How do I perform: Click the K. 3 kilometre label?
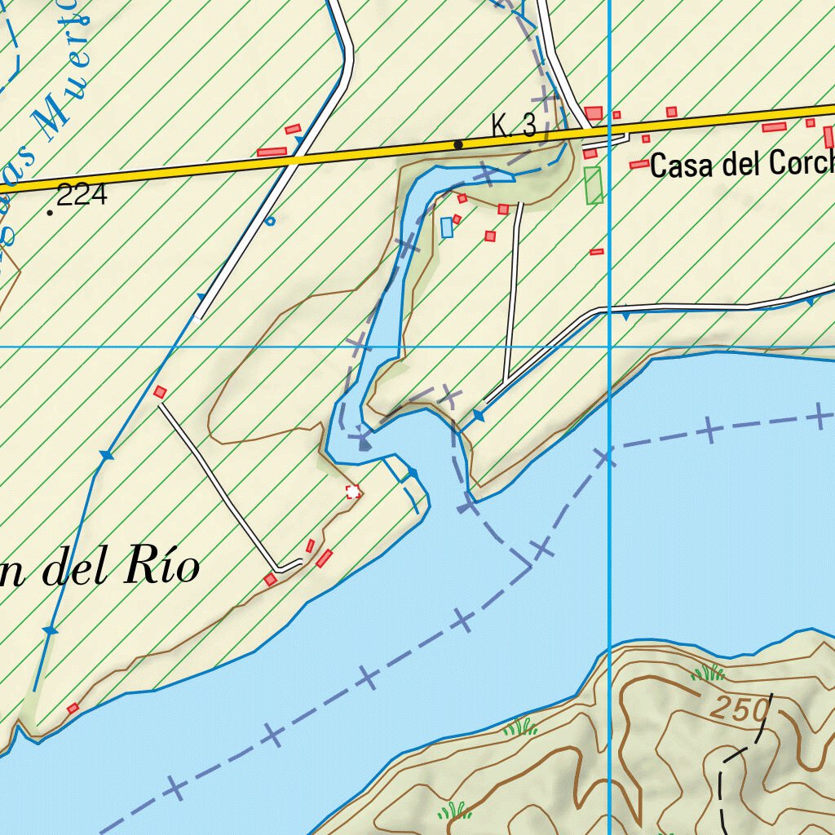coord(514,126)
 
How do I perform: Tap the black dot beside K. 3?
coord(458,144)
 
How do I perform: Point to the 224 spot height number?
coord(82,195)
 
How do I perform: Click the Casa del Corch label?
coord(741,166)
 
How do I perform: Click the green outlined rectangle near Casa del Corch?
coord(594,185)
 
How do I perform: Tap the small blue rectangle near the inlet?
coord(446,228)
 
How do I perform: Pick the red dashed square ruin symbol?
coord(353,491)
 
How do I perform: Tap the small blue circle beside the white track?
coord(271,220)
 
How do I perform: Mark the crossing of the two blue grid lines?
coord(610,347)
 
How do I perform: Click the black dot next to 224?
coord(51,213)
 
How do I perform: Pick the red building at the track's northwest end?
coord(161,392)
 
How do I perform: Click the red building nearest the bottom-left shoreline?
coord(73,708)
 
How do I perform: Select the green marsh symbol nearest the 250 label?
coord(708,674)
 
